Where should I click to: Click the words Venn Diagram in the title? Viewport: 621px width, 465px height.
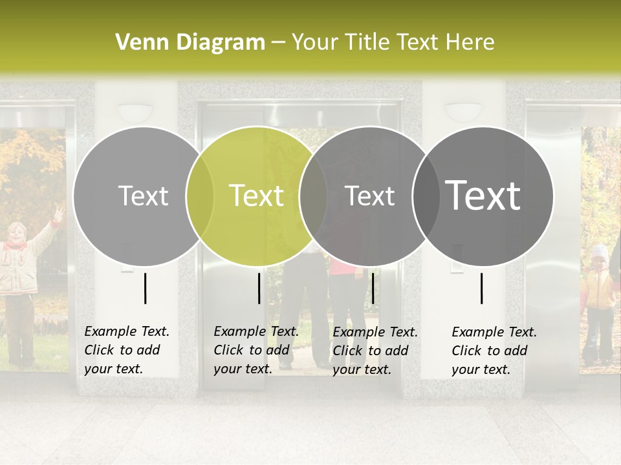click(190, 43)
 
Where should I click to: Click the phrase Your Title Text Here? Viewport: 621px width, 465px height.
click(393, 43)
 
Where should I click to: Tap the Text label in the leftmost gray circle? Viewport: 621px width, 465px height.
click(143, 196)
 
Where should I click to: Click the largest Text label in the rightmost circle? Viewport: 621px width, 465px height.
click(483, 196)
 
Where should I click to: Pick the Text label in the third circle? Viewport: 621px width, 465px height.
click(369, 196)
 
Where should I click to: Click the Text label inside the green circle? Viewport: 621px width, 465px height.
click(256, 196)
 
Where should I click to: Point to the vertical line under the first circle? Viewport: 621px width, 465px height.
click(145, 288)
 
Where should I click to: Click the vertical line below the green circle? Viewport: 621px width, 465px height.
click(259, 288)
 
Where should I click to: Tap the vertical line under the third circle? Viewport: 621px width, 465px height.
click(373, 288)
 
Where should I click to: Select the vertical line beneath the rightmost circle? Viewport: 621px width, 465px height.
click(481, 288)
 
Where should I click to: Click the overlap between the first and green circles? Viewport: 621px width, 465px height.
click(200, 196)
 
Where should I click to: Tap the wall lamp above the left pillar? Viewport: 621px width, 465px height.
click(135, 112)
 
